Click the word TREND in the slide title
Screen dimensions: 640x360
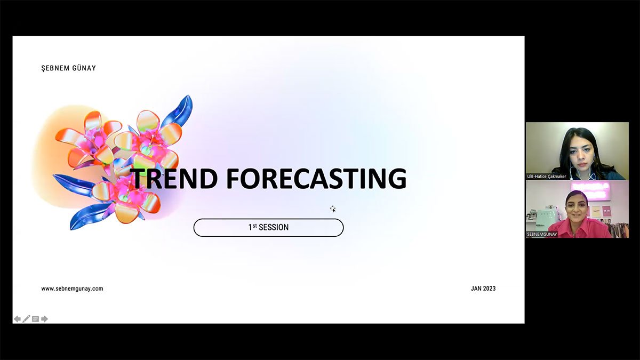pos(173,179)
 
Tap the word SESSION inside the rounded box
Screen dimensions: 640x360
pos(274,227)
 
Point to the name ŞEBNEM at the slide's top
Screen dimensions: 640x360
pos(55,68)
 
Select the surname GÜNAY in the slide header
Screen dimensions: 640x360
pos(84,68)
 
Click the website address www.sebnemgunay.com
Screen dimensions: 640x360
pos(72,289)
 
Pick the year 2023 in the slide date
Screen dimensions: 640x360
pos(489,289)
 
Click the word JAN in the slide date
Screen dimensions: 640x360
pos(476,289)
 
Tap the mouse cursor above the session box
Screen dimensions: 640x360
pos(333,209)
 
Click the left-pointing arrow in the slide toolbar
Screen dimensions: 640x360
pos(17,319)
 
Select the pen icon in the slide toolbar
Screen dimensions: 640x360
pos(26,318)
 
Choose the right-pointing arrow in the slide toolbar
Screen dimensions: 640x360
pos(44,319)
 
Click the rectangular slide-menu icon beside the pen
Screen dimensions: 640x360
pos(35,319)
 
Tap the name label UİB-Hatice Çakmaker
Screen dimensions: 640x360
pos(546,177)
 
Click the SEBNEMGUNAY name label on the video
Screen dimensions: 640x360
pos(542,234)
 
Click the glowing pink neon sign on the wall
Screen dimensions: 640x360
pos(590,191)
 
